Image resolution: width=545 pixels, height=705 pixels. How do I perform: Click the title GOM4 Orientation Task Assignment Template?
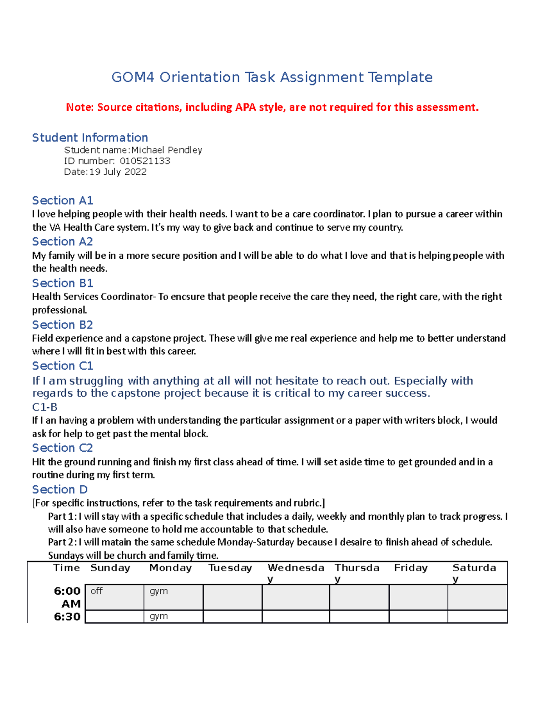(272, 77)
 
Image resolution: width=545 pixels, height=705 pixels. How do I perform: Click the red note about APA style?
(272, 107)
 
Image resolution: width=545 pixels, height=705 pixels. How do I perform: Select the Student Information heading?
(90, 138)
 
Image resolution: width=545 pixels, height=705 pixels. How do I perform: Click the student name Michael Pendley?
(166, 150)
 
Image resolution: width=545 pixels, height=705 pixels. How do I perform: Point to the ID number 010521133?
(145, 161)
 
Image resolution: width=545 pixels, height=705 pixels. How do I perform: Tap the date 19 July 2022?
(118, 172)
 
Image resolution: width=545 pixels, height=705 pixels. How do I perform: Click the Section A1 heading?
(62, 200)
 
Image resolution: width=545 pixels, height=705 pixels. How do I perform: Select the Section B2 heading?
(62, 325)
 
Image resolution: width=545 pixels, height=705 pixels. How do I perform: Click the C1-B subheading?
(45, 407)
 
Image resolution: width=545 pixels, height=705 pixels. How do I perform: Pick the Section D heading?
(59, 489)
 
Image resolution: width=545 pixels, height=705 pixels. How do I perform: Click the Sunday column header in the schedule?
(110, 568)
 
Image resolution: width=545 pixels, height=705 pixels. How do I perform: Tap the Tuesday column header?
(230, 568)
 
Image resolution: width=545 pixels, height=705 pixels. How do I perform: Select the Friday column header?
(411, 568)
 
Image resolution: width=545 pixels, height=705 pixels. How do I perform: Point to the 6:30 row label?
(67, 616)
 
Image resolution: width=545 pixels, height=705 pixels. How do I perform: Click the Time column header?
(66, 568)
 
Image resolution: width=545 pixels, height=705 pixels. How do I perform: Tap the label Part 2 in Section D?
(62, 542)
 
